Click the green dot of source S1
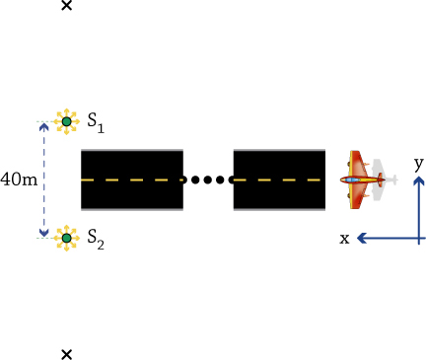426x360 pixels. [x=67, y=121]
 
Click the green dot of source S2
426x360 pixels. [x=67, y=238]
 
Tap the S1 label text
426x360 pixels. [x=96, y=123]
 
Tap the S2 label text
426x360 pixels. [x=96, y=240]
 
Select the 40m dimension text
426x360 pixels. [x=19, y=180]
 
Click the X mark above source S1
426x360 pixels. [x=67, y=5]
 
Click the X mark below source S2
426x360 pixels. [x=67, y=354]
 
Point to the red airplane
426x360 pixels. [x=362, y=180]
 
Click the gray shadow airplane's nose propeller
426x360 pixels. [x=394, y=180]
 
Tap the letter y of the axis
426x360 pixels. [x=418, y=164]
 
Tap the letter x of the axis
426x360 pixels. [x=344, y=239]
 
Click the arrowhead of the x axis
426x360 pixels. [x=362, y=238]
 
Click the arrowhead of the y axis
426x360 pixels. [x=418, y=181]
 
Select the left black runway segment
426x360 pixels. [x=132, y=180]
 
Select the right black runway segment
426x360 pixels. [x=279, y=180]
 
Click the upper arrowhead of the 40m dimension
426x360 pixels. [x=43, y=127]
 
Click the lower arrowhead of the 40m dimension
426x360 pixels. [x=43, y=232]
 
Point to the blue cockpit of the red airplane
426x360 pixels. [x=352, y=180]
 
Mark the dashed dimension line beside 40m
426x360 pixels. [x=43, y=180]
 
